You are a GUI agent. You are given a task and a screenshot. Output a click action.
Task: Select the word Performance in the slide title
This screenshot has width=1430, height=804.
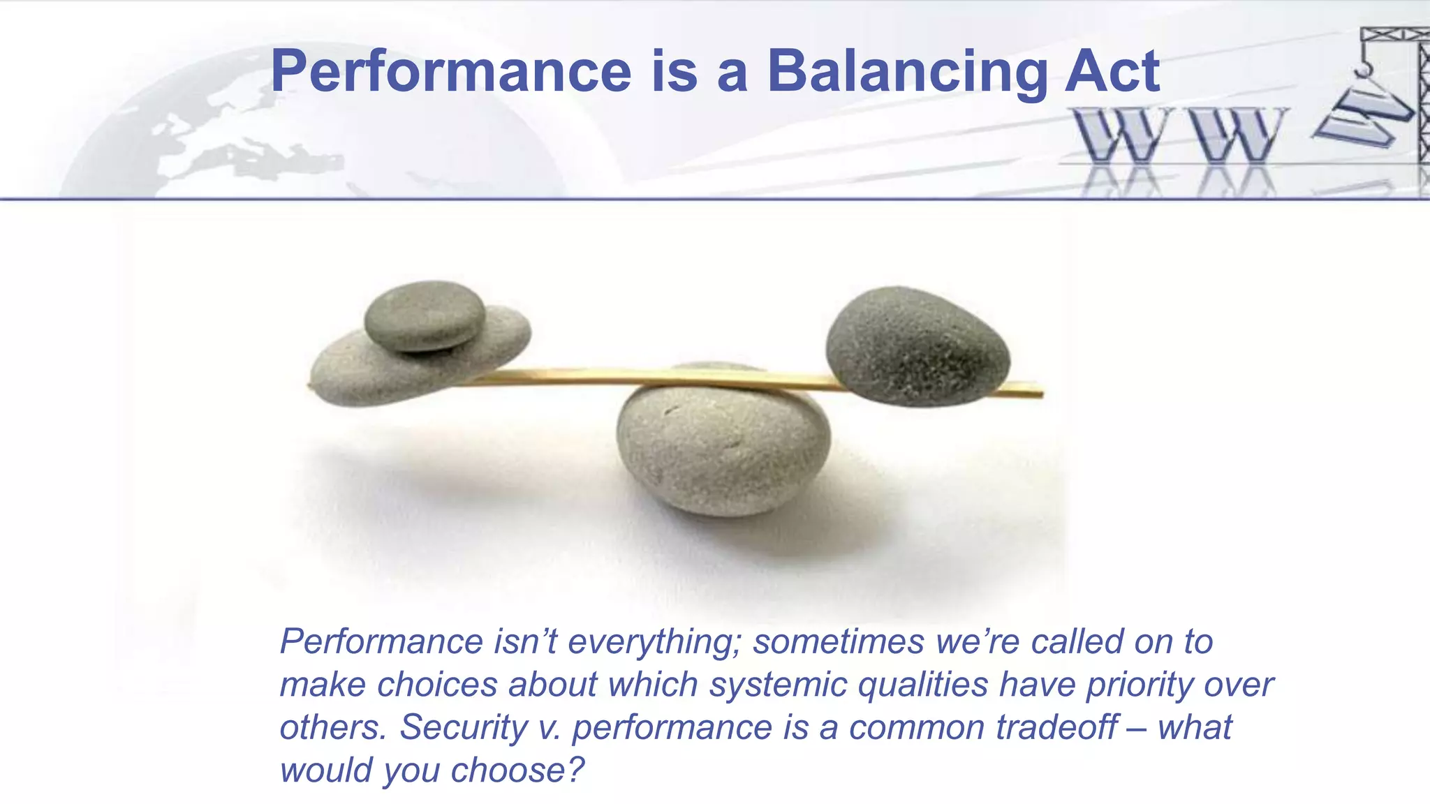coord(451,71)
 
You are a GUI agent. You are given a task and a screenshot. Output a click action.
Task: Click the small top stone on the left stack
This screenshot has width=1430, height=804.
coord(425,315)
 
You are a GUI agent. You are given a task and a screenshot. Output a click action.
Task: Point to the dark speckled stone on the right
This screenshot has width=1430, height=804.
coord(917,346)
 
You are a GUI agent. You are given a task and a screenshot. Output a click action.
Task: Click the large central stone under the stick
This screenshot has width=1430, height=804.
coord(723,447)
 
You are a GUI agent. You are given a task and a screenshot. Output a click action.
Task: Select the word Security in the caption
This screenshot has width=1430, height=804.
coord(463,727)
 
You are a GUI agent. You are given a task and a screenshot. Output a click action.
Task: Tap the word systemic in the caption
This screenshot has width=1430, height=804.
coord(778,685)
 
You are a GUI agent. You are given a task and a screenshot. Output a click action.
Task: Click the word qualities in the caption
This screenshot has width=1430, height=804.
coord(922,685)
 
